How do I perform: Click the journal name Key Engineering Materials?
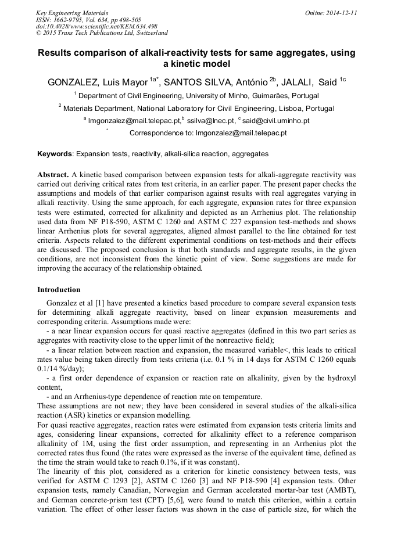point(71,13)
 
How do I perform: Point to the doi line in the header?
point(96,26)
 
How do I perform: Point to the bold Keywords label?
point(55,154)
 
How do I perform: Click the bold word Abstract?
point(53,175)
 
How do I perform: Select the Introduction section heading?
point(59,289)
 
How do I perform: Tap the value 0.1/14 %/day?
point(60,368)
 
